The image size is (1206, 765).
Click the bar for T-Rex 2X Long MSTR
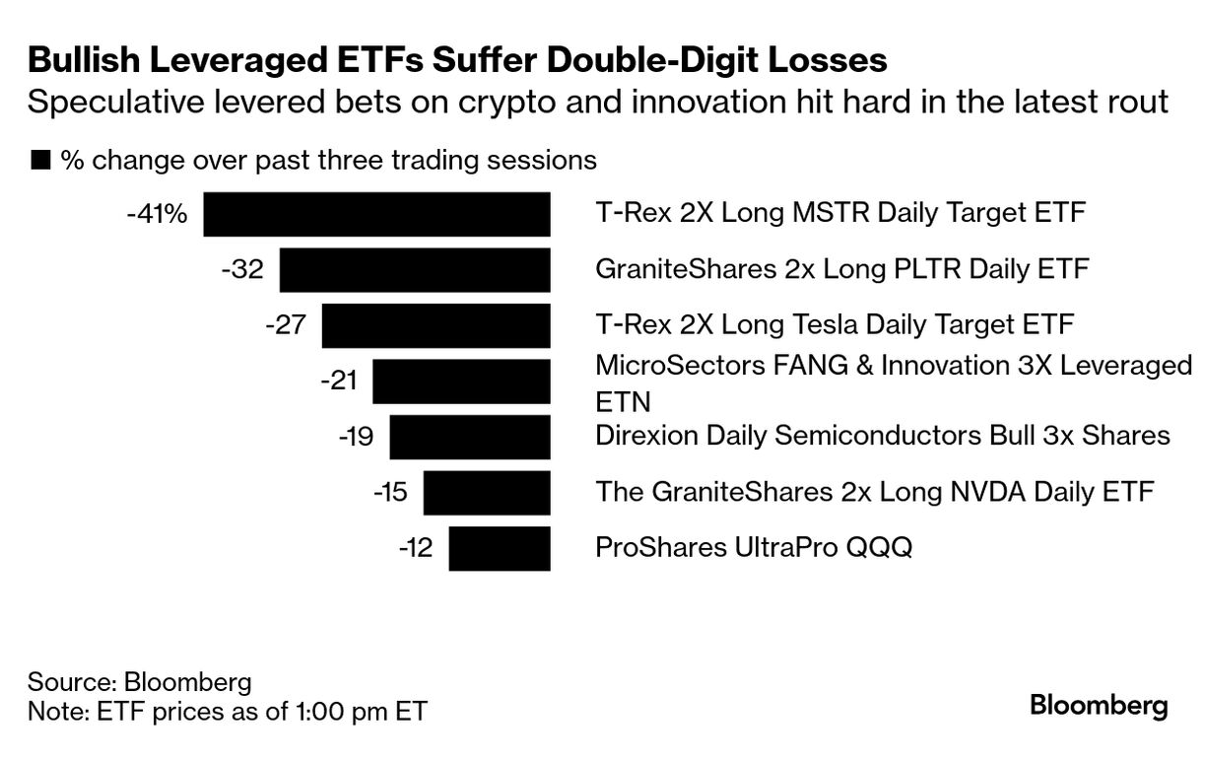point(376,214)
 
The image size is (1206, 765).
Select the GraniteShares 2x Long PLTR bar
point(415,269)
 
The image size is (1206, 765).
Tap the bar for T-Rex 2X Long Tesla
point(435,325)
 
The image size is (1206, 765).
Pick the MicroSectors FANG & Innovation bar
point(461,382)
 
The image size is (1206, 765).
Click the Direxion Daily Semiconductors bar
point(470,437)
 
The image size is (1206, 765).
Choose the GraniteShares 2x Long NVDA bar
point(487,493)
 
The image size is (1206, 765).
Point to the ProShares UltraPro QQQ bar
point(500,548)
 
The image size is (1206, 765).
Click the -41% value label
point(157,213)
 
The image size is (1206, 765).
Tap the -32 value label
point(242,269)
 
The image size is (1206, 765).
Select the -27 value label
point(286,325)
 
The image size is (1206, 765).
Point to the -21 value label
point(338,381)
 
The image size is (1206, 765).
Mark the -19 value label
point(355,437)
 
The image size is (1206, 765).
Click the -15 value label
point(389,492)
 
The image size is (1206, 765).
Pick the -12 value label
point(415,548)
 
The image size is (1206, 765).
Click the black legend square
point(40,160)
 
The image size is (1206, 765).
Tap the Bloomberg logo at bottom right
point(1099,706)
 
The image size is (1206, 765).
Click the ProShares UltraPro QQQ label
point(754,547)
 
